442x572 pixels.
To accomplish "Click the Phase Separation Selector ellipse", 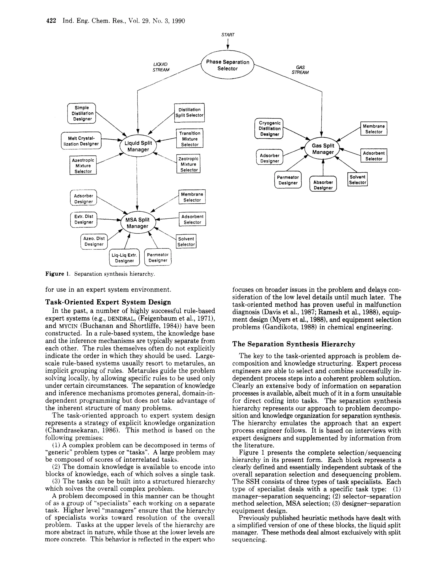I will click(227, 65).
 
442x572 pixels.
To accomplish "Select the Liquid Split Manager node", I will click(138, 146).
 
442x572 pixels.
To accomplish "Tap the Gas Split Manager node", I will click(323, 149).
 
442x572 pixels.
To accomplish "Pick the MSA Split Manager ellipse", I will click(137, 223).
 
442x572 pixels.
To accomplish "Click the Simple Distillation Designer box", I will click(82, 113).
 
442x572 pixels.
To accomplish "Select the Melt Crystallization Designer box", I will click(81, 141).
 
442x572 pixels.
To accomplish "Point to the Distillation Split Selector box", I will click(189, 113).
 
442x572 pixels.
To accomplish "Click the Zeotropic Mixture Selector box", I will click(189, 164).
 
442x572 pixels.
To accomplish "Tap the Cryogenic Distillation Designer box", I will click(269, 129).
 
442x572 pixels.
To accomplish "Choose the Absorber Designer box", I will click(323, 185).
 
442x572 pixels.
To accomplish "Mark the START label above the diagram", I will click(228, 35).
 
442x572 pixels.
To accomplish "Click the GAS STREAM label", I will click(300, 70).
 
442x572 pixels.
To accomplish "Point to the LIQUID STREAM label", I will click(161, 67).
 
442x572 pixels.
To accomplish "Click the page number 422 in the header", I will click(51, 21).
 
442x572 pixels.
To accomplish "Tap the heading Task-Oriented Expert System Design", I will click(108, 302).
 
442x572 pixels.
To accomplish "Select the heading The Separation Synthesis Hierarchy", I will click(294, 344).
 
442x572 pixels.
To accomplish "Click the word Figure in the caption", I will click(55, 274).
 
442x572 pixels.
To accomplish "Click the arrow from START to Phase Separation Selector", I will click(228, 44).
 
